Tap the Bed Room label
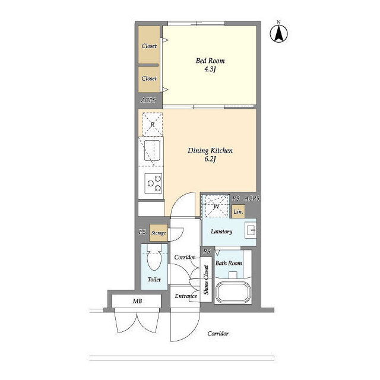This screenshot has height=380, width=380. pos(210,61)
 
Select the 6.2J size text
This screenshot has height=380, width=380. pos(210,159)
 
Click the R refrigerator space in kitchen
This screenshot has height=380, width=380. pos(153,125)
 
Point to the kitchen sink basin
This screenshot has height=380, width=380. pos(152,150)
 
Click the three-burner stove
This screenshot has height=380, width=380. pos(153,183)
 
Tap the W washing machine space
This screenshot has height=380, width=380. pos(216,206)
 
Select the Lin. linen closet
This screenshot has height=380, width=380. pos(238,211)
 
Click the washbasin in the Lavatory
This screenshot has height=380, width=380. pos(251,230)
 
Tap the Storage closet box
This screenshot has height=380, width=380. pos(159,233)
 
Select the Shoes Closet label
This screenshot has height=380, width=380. pos(206,280)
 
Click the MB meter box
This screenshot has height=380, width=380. pos(137,301)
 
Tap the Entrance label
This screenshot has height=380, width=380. pos(186,296)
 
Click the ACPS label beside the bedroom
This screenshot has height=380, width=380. pos(148,100)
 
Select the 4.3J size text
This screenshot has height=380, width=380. pos(210,69)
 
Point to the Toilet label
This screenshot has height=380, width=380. pos(154,280)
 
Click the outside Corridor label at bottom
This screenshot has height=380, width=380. pos(218,334)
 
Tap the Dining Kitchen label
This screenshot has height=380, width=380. pos(210,150)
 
